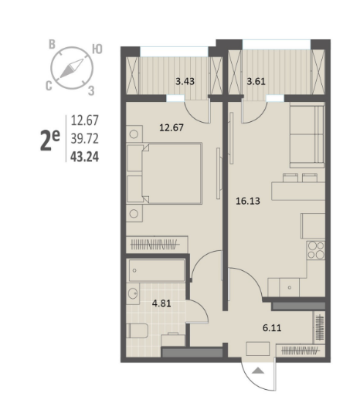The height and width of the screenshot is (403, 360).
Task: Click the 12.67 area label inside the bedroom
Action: pos(172,127)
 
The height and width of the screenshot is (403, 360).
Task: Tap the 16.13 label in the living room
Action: pos(248,201)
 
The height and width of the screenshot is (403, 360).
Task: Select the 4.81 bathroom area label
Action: pos(161,303)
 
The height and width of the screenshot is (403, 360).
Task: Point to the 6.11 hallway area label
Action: pos(272,328)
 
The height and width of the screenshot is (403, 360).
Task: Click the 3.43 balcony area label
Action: pos(185,81)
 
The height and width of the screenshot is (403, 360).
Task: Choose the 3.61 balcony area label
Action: pos(256,81)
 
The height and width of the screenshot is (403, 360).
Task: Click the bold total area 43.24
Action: pos(84,157)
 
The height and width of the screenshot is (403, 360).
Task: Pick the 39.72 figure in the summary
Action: pos(84,139)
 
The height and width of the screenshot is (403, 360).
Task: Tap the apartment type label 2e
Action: pos(50,140)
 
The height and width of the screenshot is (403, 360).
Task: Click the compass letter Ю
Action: pos(97,49)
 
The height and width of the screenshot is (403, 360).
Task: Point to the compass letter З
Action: pos(91,91)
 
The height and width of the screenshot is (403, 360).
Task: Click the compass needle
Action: pos(72,69)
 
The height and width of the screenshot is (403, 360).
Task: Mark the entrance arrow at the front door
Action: pos(258,371)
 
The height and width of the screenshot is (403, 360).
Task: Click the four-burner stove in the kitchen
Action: pos(316,250)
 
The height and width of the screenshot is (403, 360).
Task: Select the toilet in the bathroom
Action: pos(137,330)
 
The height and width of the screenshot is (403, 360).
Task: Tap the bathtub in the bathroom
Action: pos(157,270)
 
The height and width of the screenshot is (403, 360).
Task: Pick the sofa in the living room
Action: pos(307,135)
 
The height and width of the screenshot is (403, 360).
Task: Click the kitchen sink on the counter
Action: pos(290,287)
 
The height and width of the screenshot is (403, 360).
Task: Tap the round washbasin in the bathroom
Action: pos(133,293)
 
